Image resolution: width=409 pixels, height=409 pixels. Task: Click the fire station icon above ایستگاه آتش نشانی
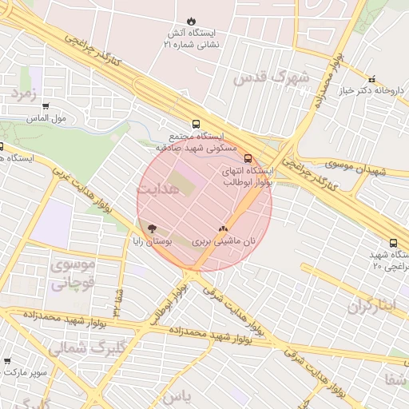(191, 21)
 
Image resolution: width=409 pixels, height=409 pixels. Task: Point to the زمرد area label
(24, 93)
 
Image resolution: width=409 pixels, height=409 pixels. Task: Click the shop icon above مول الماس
(46, 106)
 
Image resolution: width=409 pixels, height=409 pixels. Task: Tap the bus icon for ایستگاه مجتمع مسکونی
(196, 124)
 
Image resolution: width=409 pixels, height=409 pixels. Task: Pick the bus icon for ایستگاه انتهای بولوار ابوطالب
(248, 158)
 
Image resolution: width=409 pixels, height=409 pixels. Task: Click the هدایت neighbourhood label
(159, 189)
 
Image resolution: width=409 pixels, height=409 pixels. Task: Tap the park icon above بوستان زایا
(153, 228)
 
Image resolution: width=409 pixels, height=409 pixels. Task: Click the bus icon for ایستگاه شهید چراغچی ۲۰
(393, 243)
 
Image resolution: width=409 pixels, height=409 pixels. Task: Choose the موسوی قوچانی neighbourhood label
(73, 272)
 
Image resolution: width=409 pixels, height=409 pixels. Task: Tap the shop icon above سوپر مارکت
(7, 361)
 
